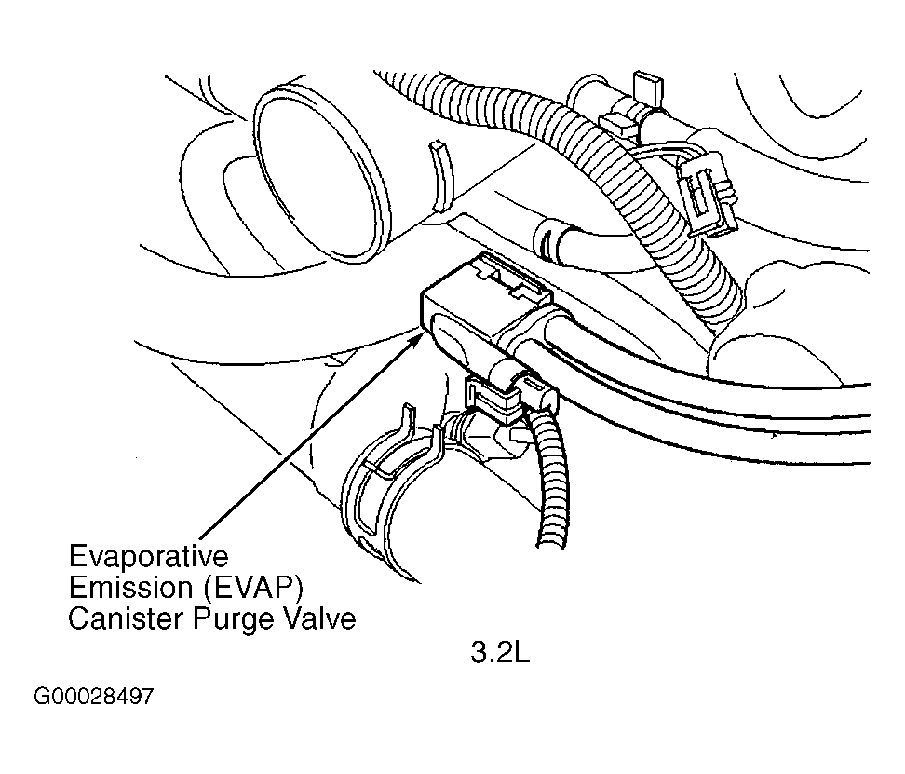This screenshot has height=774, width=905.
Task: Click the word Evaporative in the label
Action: [x=148, y=556]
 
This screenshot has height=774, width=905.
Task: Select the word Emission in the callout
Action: [x=130, y=588]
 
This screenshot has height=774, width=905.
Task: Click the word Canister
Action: [x=126, y=618]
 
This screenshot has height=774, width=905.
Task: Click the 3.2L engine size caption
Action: [x=500, y=653]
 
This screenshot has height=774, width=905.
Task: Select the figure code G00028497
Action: [x=94, y=697]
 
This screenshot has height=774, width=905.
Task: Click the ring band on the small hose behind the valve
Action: [x=545, y=239]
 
